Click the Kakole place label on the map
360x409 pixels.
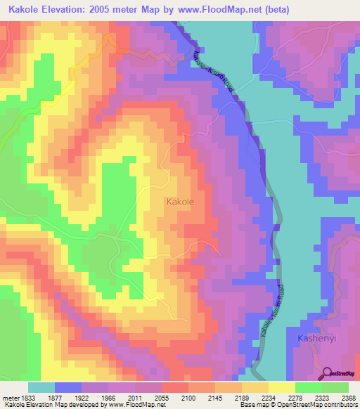(180, 202)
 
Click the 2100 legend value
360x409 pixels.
(188, 397)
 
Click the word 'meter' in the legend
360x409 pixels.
(8, 397)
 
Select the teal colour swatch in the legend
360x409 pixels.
(41, 387)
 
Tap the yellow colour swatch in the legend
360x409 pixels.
(281, 387)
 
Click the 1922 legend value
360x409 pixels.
(82, 397)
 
